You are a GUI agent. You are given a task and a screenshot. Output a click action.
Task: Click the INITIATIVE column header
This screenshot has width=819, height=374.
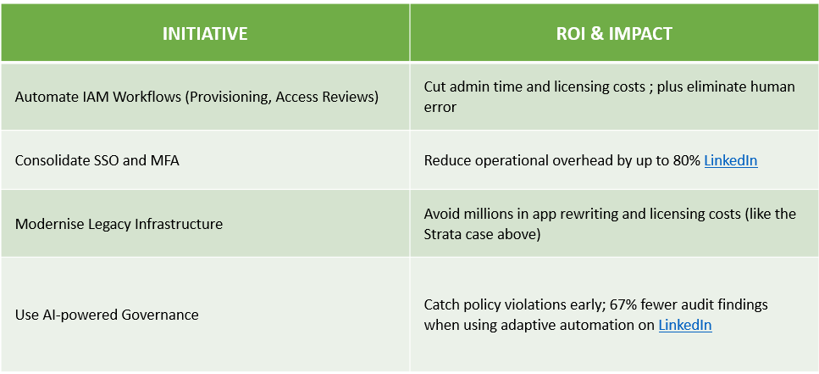click(x=205, y=33)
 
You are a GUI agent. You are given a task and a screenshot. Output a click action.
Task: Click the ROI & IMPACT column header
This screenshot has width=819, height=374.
click(x=614, y=33)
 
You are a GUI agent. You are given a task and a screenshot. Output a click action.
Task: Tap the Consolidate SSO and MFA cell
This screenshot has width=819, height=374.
click(x=97, y=160)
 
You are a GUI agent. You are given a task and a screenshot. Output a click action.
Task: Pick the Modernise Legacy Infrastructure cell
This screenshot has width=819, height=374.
click(x=119, y=224)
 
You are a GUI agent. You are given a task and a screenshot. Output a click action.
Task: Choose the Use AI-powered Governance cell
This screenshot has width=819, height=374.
click(x=107, y=315)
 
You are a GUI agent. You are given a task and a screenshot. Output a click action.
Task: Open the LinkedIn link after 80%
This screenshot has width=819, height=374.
click(x=731, y=160)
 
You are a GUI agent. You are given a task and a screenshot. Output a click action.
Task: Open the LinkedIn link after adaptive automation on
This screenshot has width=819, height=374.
click(x=685, y=325)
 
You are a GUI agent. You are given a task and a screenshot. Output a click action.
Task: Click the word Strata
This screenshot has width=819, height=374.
click(x=443, y=234)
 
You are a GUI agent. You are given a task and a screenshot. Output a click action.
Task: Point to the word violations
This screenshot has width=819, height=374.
click(x=525, y=304)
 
